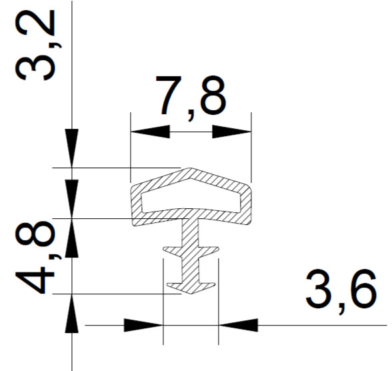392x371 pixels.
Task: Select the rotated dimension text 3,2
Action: click(x=35, y=45)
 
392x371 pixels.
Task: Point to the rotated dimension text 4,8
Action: click(x=35, y=258)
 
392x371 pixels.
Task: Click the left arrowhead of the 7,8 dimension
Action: click(x=150, y=131)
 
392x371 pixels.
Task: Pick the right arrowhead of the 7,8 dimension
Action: click(x=232, y=131)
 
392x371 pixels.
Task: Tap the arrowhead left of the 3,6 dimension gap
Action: click(x=143, y=325)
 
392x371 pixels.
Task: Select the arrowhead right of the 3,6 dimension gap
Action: click(x=238, y=325)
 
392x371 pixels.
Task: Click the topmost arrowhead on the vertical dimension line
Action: click(x=72, y=148)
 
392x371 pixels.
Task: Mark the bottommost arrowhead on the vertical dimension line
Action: click(x=72, y=314)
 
